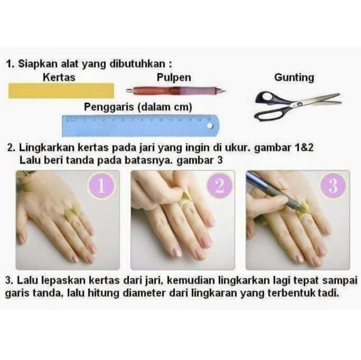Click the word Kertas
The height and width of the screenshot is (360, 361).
tap(59, 77)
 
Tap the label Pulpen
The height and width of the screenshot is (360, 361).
tap(174, 78)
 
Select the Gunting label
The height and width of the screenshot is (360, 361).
tap(294, 78)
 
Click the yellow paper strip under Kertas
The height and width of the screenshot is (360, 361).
tap(61, 91)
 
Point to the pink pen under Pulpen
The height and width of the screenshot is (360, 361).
tap(175, 91)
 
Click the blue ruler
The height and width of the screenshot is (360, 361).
tap(140, 126)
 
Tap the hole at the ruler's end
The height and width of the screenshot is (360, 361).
tap(210, 126)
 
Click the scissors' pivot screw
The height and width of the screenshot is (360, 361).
tap(300, 104)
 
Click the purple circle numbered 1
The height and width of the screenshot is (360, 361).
tap(102, 186)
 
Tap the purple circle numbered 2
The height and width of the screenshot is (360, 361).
tap(219, 186)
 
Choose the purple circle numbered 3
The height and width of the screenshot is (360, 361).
tap(333, 186)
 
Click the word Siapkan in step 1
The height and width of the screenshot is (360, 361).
tap(38, 64)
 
